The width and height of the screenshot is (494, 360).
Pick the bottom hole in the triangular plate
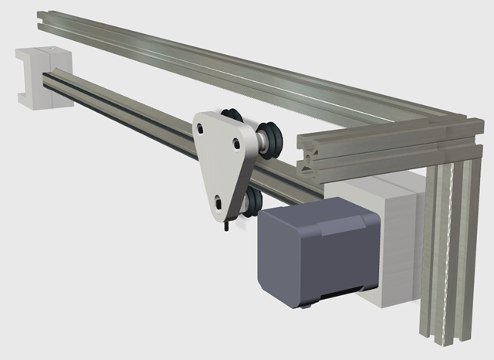tap(219, 202)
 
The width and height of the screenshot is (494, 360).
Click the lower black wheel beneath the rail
tap(249, 204)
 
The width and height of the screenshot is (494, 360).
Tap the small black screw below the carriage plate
tap(225, 226)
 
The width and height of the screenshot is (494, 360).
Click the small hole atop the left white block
tap(45, 51)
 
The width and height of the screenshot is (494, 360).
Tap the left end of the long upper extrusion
tap(42, 20)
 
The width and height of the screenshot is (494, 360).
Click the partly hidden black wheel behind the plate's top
tap(231, 116)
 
